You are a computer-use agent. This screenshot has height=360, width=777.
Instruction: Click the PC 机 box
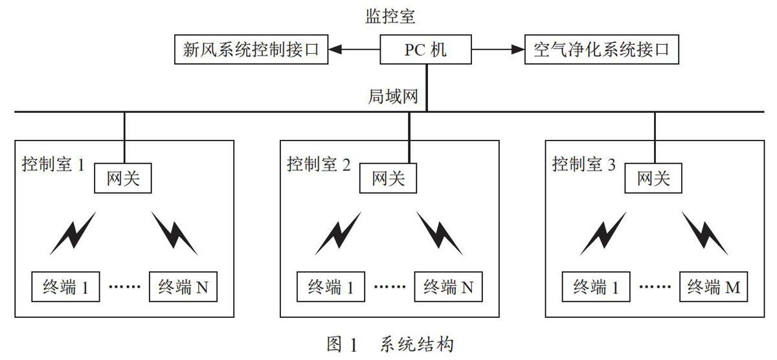point(425,49)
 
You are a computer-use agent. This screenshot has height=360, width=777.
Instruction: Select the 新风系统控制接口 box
point(251,49)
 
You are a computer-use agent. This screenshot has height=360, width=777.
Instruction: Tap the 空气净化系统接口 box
point(602,49)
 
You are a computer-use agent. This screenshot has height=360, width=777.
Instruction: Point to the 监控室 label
point(390,16)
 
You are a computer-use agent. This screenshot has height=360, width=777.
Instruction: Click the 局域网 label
point(392,96)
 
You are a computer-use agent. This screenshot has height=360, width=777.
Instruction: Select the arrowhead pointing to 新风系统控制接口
point(335,49)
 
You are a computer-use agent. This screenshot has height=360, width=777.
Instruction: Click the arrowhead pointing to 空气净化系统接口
point(518,49)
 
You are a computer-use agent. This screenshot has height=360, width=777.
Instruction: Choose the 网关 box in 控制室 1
point(123,178)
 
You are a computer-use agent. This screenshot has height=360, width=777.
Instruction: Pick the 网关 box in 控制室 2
point(388,178)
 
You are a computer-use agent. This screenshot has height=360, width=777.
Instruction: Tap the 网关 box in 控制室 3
point(653,178)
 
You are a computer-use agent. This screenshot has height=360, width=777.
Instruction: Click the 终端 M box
point(714,286)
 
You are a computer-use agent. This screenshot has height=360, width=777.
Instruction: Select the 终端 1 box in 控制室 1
point(65,286)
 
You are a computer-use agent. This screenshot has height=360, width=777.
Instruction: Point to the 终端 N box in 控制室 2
point(448,286)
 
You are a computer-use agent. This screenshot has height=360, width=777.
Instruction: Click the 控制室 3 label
point(584,164)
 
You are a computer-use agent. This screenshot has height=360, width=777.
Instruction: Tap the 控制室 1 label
point(53,164)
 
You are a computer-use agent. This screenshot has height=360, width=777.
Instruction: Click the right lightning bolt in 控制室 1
point(174,233)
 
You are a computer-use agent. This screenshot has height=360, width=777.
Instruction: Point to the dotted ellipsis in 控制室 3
point(655,286)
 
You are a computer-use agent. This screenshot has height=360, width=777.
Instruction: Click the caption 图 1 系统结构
point(390,344)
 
